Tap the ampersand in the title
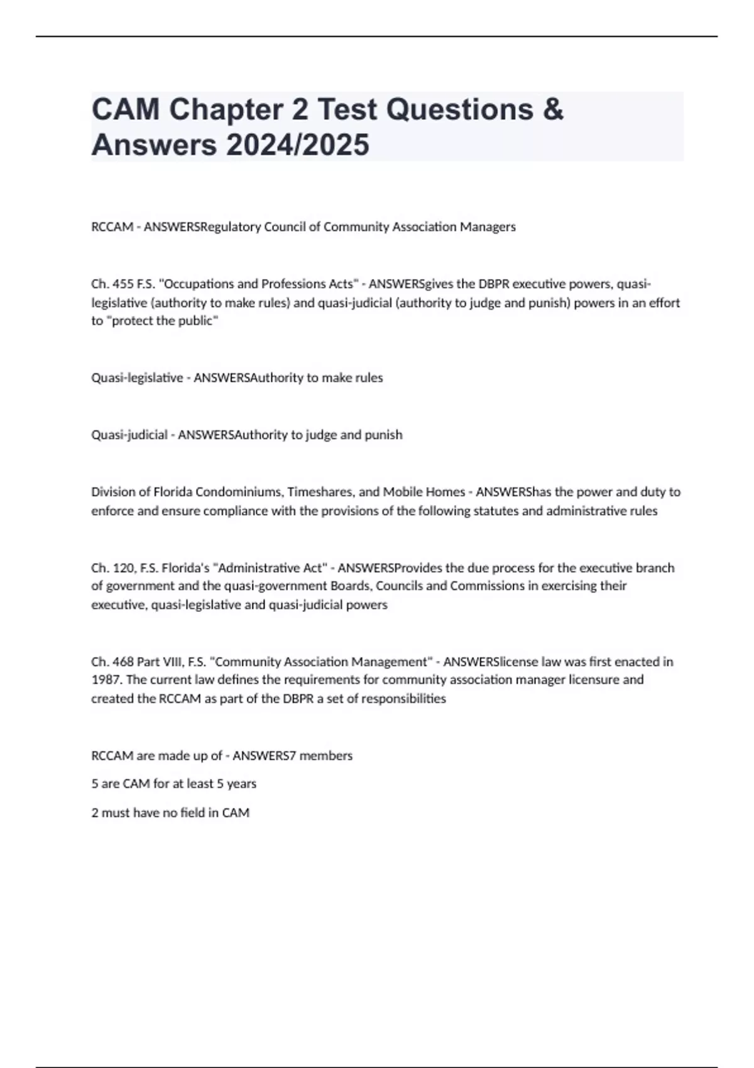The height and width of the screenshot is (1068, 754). coord(552,109)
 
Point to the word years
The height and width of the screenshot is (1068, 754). coord(242,784)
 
